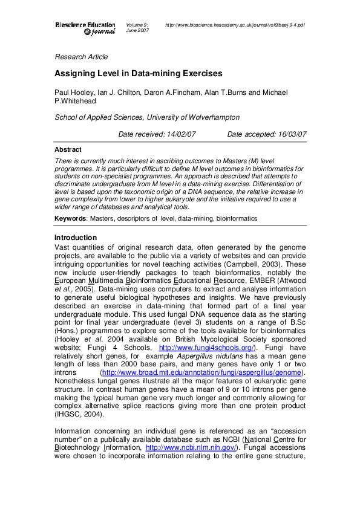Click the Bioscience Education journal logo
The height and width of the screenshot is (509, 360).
(x=85, y=28)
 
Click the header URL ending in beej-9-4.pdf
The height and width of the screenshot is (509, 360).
(x=235, y=25)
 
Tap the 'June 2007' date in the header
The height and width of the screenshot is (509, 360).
(x=137, y=31)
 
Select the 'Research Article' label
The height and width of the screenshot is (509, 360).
(x=81, y=57)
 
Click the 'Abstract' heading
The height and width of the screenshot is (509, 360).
(x=68, y=149)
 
